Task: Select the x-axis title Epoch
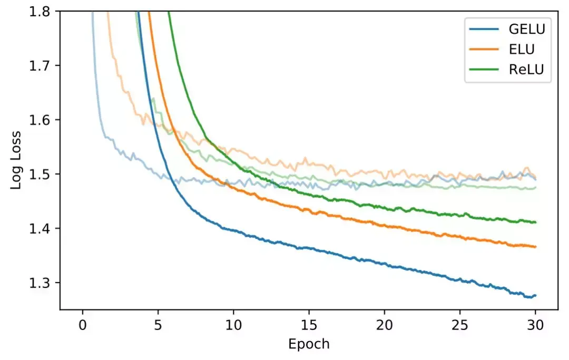pyautogui.click(x=309, y=345)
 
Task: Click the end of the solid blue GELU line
pyautogui.click(x=535, y=296)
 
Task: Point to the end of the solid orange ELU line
pyautogui.click(x=535, y=247)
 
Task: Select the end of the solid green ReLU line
pyautogui.click(x=535, y=222)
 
